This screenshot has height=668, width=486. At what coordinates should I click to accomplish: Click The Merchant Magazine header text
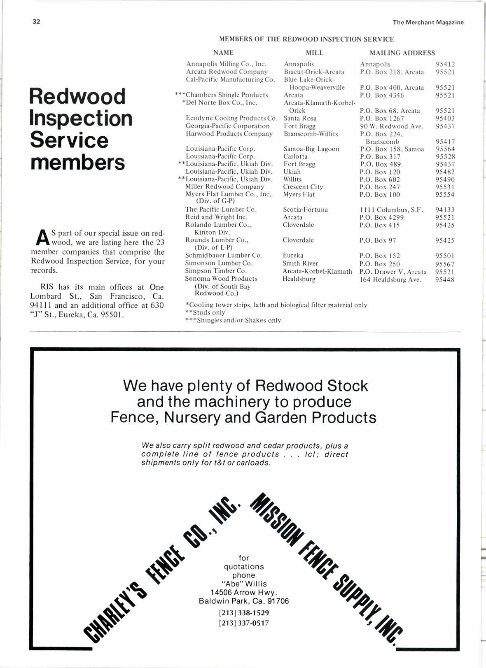pos(428,23)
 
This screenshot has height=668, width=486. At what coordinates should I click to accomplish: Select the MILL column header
pos(315,53)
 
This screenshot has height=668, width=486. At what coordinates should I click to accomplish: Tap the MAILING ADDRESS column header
pos(402,53)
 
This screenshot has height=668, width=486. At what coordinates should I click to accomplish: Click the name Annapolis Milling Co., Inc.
pos(227,64)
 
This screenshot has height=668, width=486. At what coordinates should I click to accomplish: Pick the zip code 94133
pos(445,210)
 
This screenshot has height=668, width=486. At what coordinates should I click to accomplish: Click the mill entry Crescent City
pos(303,187)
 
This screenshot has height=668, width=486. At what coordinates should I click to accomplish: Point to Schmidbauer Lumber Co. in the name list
pos(224,256)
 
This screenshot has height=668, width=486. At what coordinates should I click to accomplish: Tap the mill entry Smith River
pos(300,263)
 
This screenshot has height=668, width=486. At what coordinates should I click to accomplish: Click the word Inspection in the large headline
pos(81,119)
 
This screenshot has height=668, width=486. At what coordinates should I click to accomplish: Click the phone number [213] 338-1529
pos(244,613)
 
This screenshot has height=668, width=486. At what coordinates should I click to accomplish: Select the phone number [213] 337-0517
pos(244,623)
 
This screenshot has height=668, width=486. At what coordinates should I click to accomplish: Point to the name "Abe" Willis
pos(244,584)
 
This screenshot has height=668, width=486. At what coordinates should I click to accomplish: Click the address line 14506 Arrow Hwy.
pos(244,593)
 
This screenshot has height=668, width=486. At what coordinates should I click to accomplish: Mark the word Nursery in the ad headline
pos(192,418)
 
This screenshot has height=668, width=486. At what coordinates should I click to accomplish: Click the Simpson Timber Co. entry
pos(216,271)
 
